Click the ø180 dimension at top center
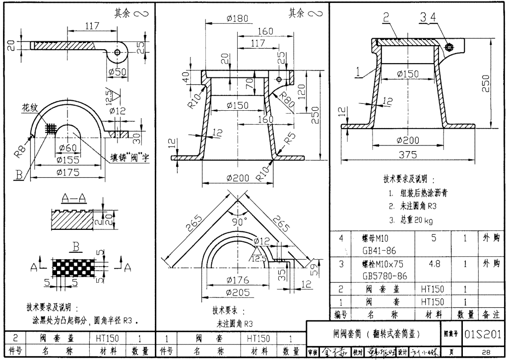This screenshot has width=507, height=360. (237, 18)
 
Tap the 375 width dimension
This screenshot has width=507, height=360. (408, 154)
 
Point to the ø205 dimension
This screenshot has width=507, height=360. (237, 292)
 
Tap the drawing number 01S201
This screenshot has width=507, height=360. (484, 333)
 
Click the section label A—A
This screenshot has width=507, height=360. (73, 199)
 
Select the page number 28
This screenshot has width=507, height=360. (486, 352)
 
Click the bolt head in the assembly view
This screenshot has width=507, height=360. (449, 47)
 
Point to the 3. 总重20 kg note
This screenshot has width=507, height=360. (411, 219)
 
